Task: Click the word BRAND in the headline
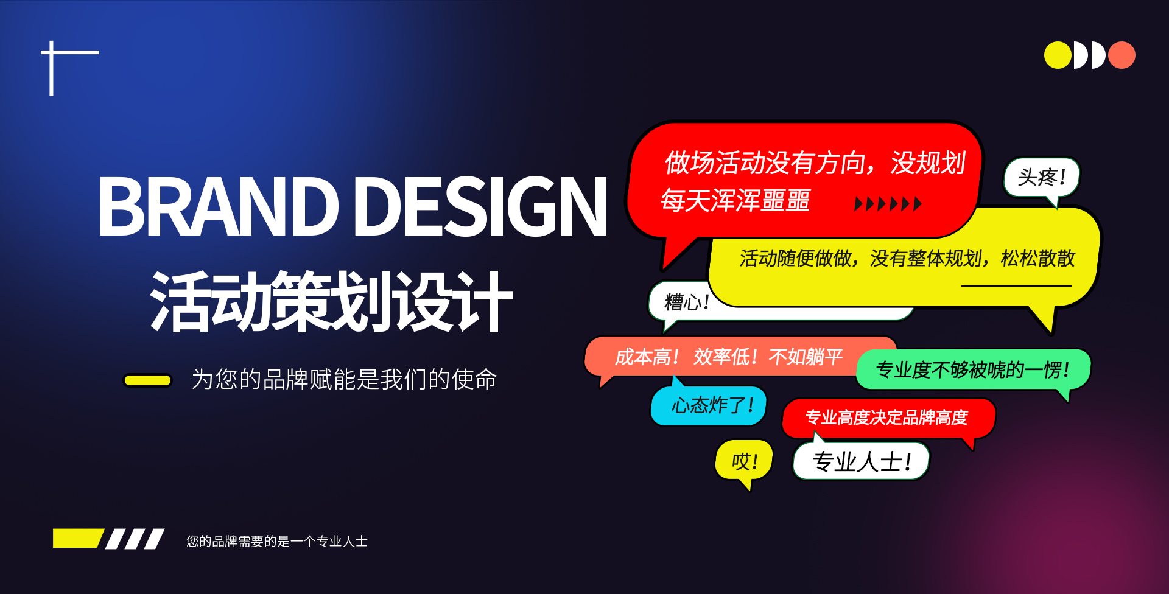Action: (x=218, y=206)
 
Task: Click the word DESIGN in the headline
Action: (x=481, y=206)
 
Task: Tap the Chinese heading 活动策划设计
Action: (x=332, y=301)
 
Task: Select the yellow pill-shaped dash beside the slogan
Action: (x=148, y=380)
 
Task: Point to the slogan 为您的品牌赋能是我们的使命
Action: (x=344, y=379)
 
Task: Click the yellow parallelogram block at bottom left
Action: (x=77, y=539)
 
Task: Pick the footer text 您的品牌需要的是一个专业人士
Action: (x=277, y=541)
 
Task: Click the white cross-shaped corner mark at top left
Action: (x=52, y=53)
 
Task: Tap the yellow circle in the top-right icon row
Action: (x=1058, y=55)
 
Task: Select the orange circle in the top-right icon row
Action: (x=1122, y=55)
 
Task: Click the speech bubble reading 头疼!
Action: (x=1042, y=178)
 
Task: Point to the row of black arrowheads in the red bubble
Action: (x=888, y=204)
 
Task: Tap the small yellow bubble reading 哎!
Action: (x=744, y=462)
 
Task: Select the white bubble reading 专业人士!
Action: (x=861, y=461)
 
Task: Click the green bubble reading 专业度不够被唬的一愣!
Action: (x=973, y=369)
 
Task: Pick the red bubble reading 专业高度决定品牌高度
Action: (x=888, y=418)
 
